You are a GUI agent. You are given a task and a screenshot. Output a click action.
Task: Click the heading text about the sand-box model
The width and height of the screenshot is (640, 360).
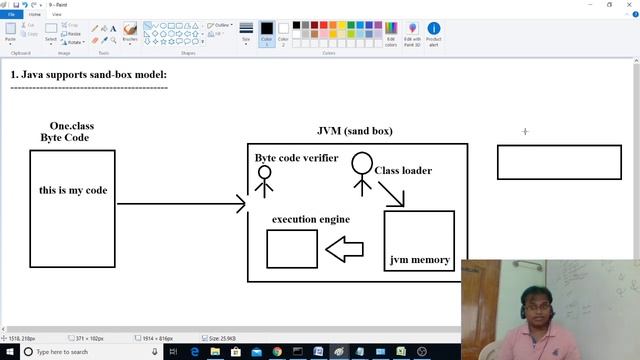pos(88,75)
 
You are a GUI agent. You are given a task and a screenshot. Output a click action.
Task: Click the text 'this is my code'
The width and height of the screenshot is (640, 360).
pos(73,190)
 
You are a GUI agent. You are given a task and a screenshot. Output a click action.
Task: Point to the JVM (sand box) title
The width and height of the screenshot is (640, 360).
pos(354,131)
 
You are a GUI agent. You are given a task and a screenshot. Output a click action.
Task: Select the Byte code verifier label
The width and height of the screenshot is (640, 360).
pos(296,158)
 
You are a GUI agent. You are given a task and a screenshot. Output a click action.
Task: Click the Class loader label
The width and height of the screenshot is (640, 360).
pos(404,171)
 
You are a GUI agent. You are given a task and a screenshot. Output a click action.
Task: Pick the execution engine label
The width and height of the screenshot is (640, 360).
pos(310,219)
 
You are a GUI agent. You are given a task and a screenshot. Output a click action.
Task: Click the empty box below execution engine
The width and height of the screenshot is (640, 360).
pos(292,249)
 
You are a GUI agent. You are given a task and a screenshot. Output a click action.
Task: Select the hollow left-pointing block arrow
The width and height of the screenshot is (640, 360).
pos(344,249)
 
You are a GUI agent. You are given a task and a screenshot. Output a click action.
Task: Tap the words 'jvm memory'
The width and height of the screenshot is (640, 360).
pos(420,260)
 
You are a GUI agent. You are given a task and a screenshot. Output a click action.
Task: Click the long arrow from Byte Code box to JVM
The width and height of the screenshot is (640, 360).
pos(180,204)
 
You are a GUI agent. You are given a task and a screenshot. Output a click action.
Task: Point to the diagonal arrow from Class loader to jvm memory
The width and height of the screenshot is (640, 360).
pos(391,193)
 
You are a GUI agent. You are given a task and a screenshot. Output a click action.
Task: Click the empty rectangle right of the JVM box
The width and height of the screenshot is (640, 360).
pos(559,162)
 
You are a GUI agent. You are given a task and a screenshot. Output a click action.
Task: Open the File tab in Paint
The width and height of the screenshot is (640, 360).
pos(11,15)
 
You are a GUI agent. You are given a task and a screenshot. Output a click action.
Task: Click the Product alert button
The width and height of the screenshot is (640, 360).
pos(434,34)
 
